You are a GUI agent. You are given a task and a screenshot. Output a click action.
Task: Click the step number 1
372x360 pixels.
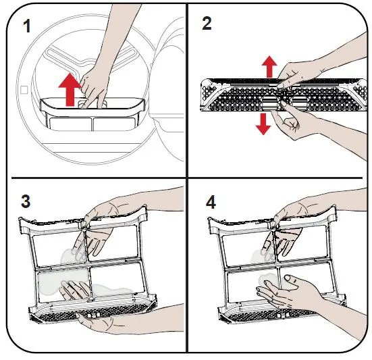[27, 26]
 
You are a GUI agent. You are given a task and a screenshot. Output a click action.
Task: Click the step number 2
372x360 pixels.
[207, 24]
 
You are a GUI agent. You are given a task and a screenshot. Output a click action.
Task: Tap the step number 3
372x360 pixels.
[26, 201]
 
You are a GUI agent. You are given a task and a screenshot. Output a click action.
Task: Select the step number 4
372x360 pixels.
[211, 203]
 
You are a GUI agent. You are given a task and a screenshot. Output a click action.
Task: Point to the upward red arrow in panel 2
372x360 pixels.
[269, 67]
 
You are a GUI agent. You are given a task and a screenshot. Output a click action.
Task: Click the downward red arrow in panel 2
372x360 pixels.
[263, 124]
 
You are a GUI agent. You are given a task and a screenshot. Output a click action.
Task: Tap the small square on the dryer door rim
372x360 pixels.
[24, 90]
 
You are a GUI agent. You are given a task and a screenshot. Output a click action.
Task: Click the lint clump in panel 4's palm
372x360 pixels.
[267, 280]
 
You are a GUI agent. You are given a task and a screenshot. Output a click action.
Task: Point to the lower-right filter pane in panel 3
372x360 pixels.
[114, 281]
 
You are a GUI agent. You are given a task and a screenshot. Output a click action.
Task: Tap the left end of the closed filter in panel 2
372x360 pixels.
[207, 95]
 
